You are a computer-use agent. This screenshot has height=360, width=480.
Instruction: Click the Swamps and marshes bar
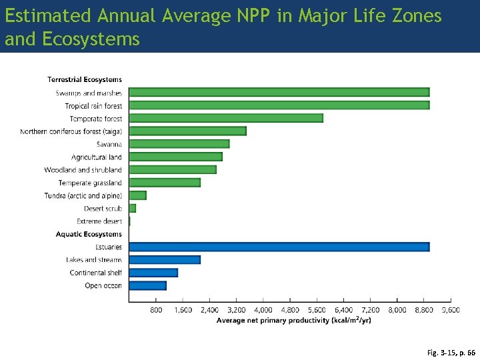279,92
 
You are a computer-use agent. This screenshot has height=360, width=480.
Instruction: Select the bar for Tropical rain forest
279,105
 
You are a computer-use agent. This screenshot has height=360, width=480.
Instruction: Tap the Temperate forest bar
225,118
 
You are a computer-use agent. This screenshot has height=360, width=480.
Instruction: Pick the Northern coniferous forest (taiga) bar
187,131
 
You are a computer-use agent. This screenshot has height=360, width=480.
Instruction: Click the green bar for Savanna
179,143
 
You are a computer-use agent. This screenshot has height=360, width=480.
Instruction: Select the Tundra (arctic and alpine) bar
137,195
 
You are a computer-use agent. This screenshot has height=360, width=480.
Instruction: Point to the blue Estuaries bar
279,247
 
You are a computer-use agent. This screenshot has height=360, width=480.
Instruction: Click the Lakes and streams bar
164,259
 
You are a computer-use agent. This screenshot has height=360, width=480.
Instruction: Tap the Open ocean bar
147,285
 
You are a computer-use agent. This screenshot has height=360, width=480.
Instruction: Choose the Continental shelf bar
153,273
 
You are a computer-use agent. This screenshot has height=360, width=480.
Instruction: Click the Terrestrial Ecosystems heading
85,80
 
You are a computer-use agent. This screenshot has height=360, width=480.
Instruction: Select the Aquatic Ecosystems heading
89,234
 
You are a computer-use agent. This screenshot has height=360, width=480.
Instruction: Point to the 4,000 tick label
263,310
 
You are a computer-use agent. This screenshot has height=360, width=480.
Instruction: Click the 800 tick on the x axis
156,310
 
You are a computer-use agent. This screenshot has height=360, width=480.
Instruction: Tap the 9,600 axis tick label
451,310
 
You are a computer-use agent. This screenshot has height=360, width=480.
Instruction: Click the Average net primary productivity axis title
293,320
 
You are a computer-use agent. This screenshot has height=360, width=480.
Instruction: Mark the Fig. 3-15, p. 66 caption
451,352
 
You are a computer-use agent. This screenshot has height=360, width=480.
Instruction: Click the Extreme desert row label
99,221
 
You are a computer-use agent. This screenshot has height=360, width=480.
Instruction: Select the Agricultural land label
97,157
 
